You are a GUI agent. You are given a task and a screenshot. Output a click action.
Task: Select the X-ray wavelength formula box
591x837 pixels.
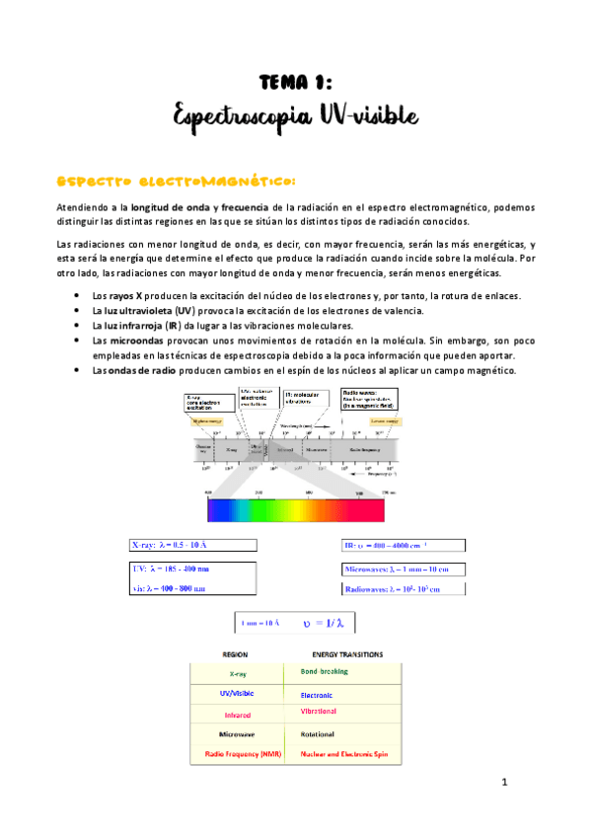[191, 545]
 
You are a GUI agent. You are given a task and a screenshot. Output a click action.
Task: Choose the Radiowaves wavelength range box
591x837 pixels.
[403, 589]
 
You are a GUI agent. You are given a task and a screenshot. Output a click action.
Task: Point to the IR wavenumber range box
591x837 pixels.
[403, 544]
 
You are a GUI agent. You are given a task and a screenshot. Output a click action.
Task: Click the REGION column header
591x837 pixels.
[235, 654]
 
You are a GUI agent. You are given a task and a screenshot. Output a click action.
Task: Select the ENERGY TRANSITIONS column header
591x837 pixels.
[347, 654]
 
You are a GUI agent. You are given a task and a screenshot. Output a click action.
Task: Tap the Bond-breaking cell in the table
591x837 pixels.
[323, 671]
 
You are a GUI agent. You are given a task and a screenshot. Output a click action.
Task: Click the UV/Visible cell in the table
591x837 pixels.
[237, 694]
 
